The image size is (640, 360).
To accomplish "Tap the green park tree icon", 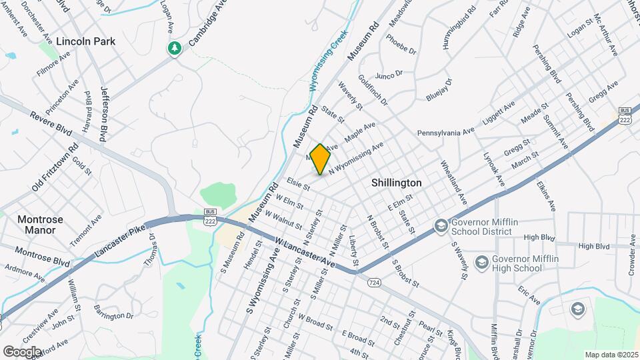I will pos(175,48).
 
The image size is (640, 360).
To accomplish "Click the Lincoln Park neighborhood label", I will pos(85,41).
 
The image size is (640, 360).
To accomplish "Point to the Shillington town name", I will pos(396,183).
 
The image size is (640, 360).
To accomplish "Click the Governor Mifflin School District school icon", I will pos(440,227).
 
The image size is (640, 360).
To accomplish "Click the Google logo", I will pos(22,351).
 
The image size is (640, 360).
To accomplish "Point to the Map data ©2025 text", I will pos(611,355).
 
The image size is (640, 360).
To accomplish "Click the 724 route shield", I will pos(373,283).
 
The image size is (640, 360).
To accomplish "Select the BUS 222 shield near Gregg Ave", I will pos(625,115).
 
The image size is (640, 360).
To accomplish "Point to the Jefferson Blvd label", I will pos(104,108).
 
